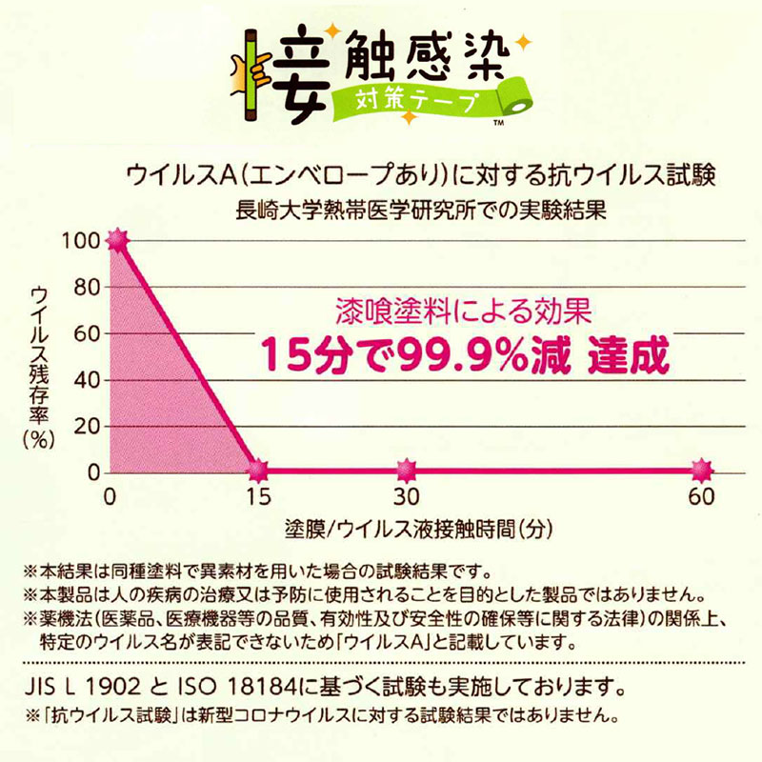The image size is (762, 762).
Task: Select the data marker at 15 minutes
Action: click(256, 470)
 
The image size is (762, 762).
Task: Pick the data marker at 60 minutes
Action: click(701, 470)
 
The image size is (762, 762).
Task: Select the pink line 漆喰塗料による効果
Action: click(465, 311)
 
